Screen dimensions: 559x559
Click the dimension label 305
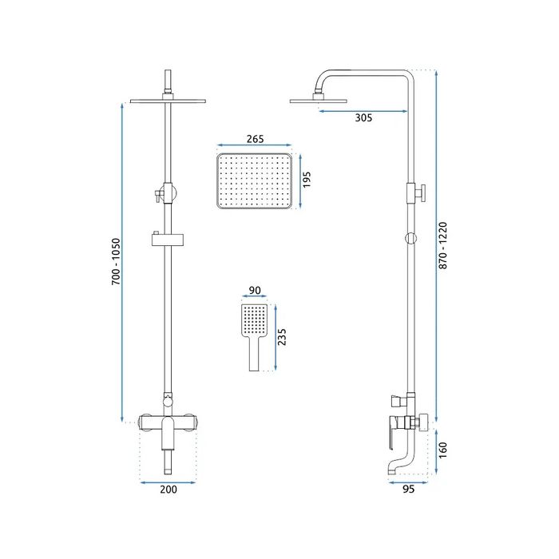[363, 117]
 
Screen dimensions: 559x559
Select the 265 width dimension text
[256, 139]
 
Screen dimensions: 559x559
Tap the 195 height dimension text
[307, 180]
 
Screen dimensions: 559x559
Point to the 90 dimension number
[255, 290]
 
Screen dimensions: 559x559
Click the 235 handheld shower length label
[282, 337]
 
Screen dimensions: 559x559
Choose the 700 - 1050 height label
[117, 261]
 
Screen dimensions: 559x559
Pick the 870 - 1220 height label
[442, 245]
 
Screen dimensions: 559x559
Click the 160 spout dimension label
[442, 450]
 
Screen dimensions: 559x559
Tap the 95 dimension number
[409, 489]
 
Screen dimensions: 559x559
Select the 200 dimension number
[168, 489]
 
